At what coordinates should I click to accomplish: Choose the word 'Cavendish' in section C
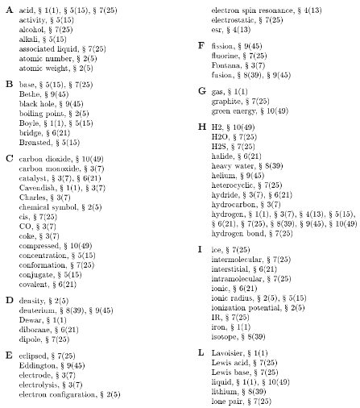[37, 187]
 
